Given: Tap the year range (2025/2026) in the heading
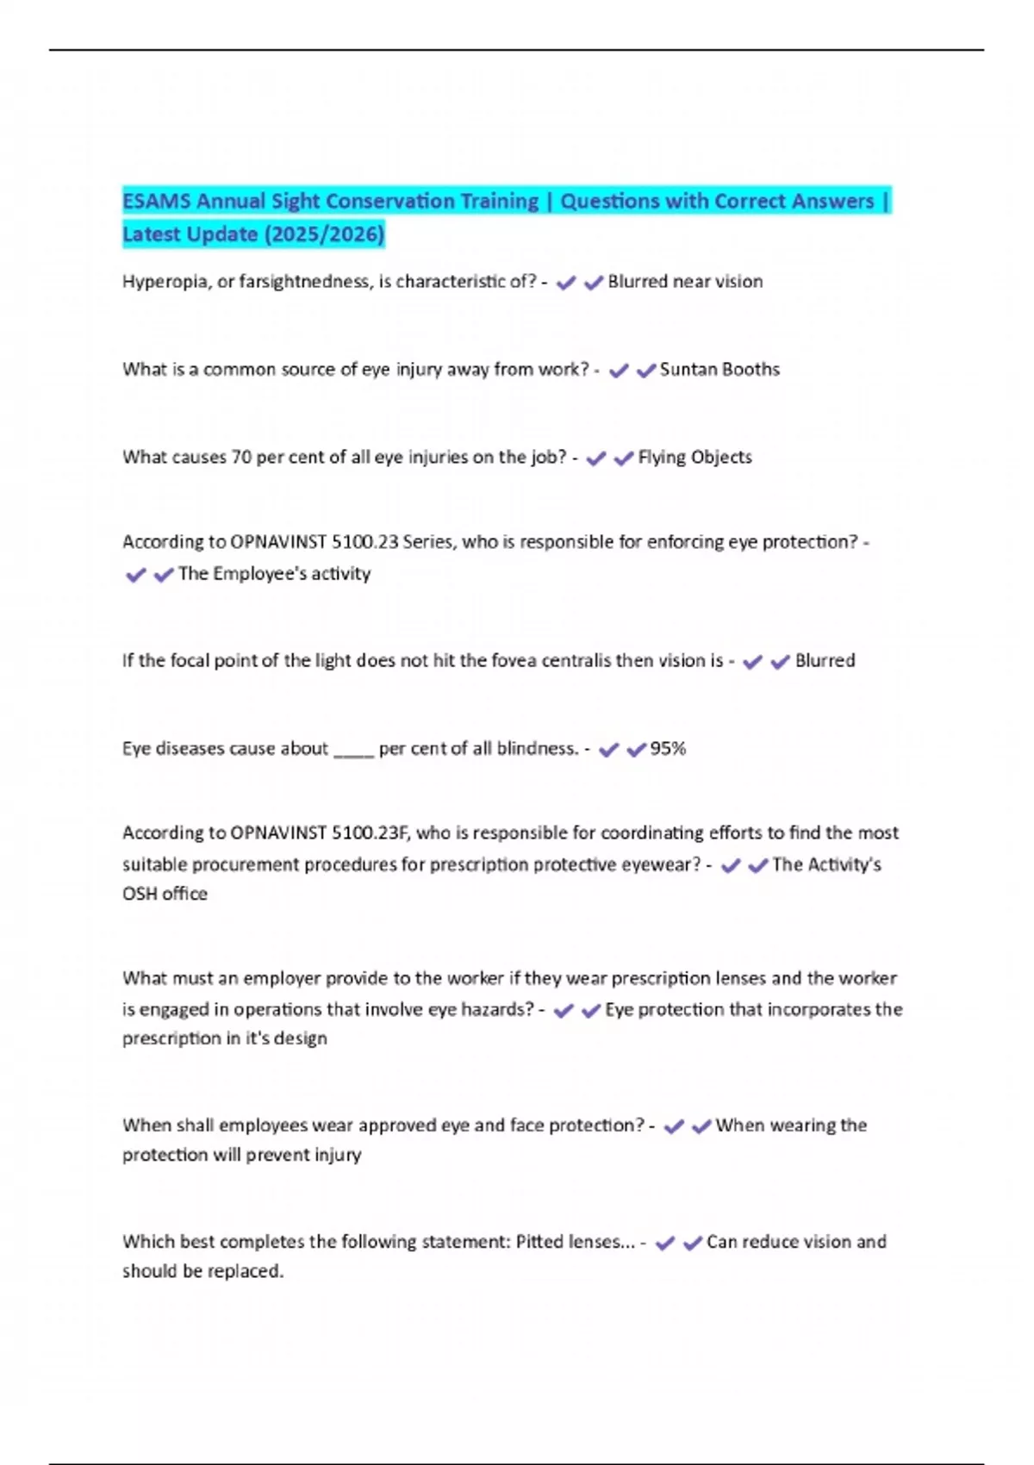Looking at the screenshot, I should tap(324, 234).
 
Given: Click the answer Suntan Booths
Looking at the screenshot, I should tap(719, 370).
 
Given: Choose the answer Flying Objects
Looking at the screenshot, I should tap(695, 458).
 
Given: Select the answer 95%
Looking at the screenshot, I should tap(668, 749).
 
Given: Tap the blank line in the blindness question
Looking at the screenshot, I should tap(353, 750).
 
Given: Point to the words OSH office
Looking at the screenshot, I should tap(165, 894).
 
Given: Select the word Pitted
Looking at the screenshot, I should tap(540, 1242).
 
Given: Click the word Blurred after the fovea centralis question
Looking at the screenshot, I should tap(825, 661).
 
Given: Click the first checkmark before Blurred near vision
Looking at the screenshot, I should tap(566, 283).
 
